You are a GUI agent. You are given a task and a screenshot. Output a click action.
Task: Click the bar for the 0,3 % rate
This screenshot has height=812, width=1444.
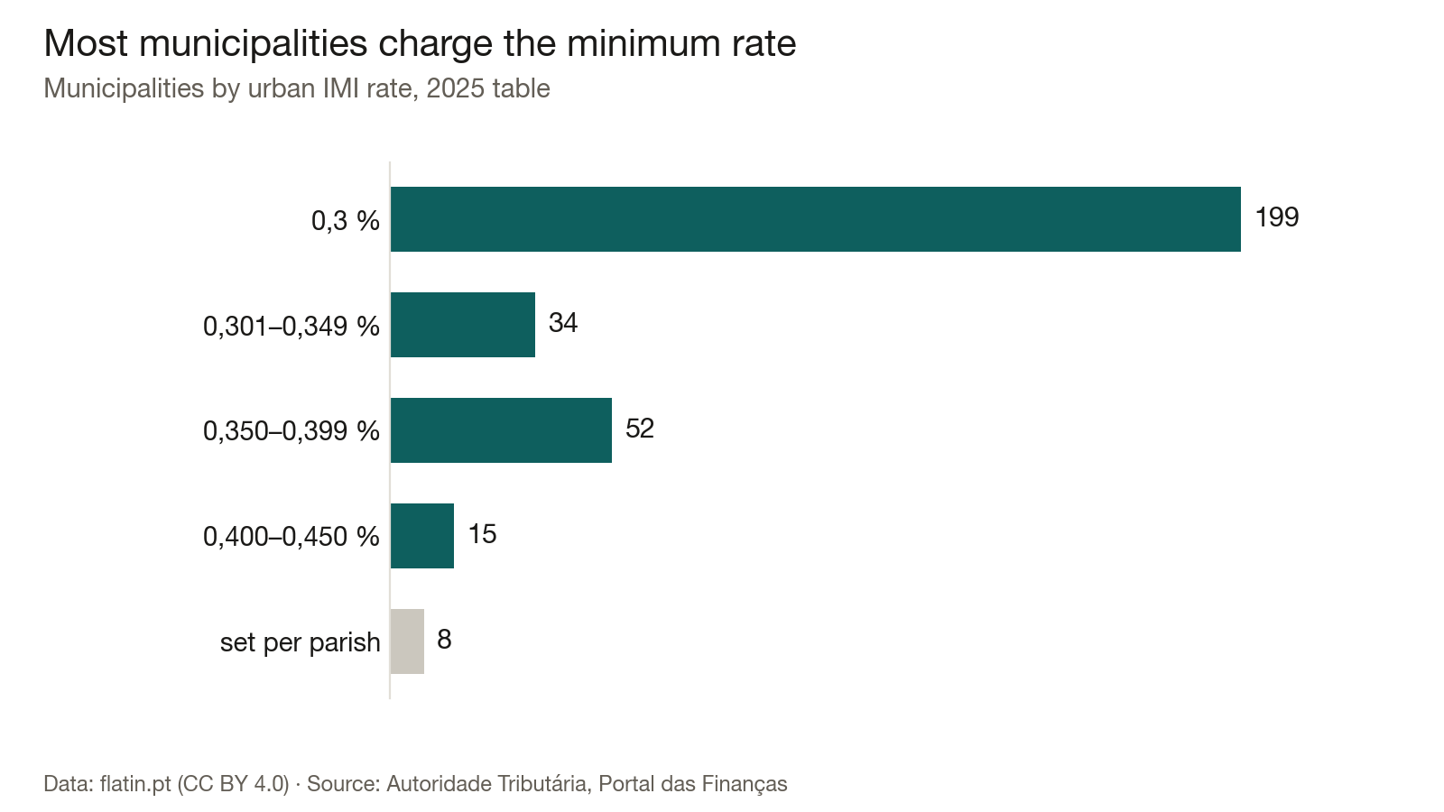(x=816, y=219)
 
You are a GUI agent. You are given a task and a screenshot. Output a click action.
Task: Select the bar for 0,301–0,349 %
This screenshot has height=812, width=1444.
(x=463, y=325)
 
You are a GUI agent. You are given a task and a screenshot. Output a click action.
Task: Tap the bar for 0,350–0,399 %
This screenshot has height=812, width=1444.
(x=501, y=430)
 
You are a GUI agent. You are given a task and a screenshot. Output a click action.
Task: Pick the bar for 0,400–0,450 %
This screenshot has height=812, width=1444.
(x=422, y=536)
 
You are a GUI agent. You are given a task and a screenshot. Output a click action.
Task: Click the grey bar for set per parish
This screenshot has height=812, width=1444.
(x=407, y=641)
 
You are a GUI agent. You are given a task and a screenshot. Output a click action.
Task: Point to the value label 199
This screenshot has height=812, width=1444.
(x=1276, y=217)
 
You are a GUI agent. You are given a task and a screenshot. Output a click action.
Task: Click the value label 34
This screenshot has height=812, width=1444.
(x=563, y=323)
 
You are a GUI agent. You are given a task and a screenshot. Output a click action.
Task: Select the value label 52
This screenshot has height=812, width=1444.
(x=640, y=429)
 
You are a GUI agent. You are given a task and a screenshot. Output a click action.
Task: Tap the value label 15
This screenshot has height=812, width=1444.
(x=482, y=534)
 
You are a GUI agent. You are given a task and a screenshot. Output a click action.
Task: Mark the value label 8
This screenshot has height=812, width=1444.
(x=444, y=640)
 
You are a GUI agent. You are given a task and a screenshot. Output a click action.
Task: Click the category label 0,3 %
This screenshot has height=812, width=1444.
(x=346, y=221)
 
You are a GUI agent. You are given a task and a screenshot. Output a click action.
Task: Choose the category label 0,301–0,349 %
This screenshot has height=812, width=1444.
(x=292, y=327)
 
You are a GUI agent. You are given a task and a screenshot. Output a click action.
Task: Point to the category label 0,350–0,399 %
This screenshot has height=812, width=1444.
(x=292, y=431)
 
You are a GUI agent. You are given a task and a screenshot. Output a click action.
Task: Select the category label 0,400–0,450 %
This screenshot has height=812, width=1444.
(x=292, y=537)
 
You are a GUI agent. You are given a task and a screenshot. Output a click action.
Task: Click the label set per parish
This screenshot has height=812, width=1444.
(x=301, y=642)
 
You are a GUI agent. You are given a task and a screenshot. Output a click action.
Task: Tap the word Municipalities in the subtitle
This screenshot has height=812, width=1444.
(x=124, y=89)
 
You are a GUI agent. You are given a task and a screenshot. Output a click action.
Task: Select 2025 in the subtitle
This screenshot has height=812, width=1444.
(x=456, y=88)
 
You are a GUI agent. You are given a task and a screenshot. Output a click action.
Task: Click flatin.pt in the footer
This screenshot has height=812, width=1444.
(x=135, y=784)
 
